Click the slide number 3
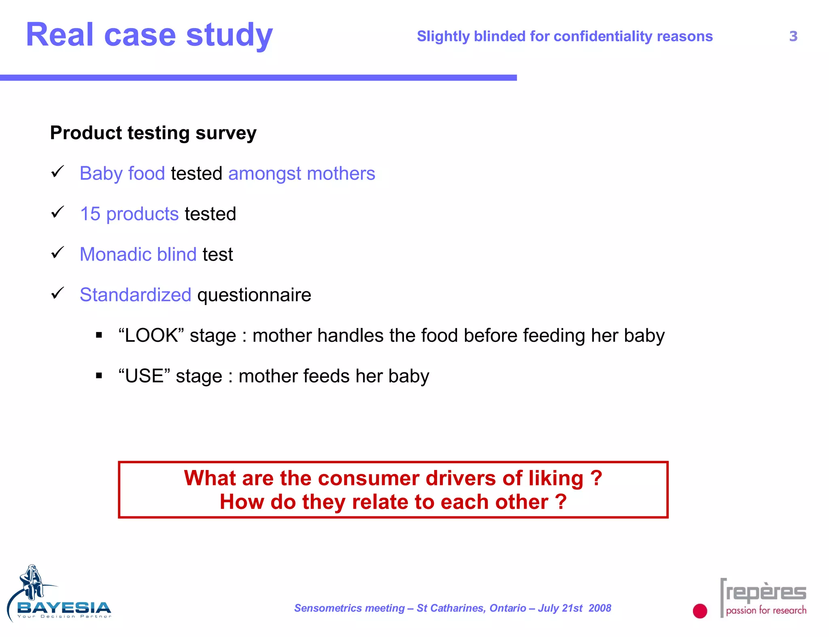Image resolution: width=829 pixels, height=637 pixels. [x=793, y=36]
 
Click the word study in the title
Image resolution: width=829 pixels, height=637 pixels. [x=229, y=36]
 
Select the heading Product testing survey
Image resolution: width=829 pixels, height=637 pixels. [x=153, y=133]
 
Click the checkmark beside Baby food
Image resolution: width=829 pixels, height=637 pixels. [x=57, y=172]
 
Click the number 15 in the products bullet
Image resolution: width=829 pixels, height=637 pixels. [x=90, y=214]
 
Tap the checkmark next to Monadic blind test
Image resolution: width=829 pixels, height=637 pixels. [x=57, y=253]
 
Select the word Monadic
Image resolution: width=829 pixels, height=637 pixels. [x=115, y=254]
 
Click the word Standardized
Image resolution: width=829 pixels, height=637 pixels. [x=135, y=295]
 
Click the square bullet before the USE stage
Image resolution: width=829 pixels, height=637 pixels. [x=99, y=376]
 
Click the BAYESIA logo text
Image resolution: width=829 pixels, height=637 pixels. [x=64, y=607]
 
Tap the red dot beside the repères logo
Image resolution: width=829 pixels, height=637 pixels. [x=699, y=611]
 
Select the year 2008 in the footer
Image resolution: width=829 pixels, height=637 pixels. [x=599, y=608]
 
